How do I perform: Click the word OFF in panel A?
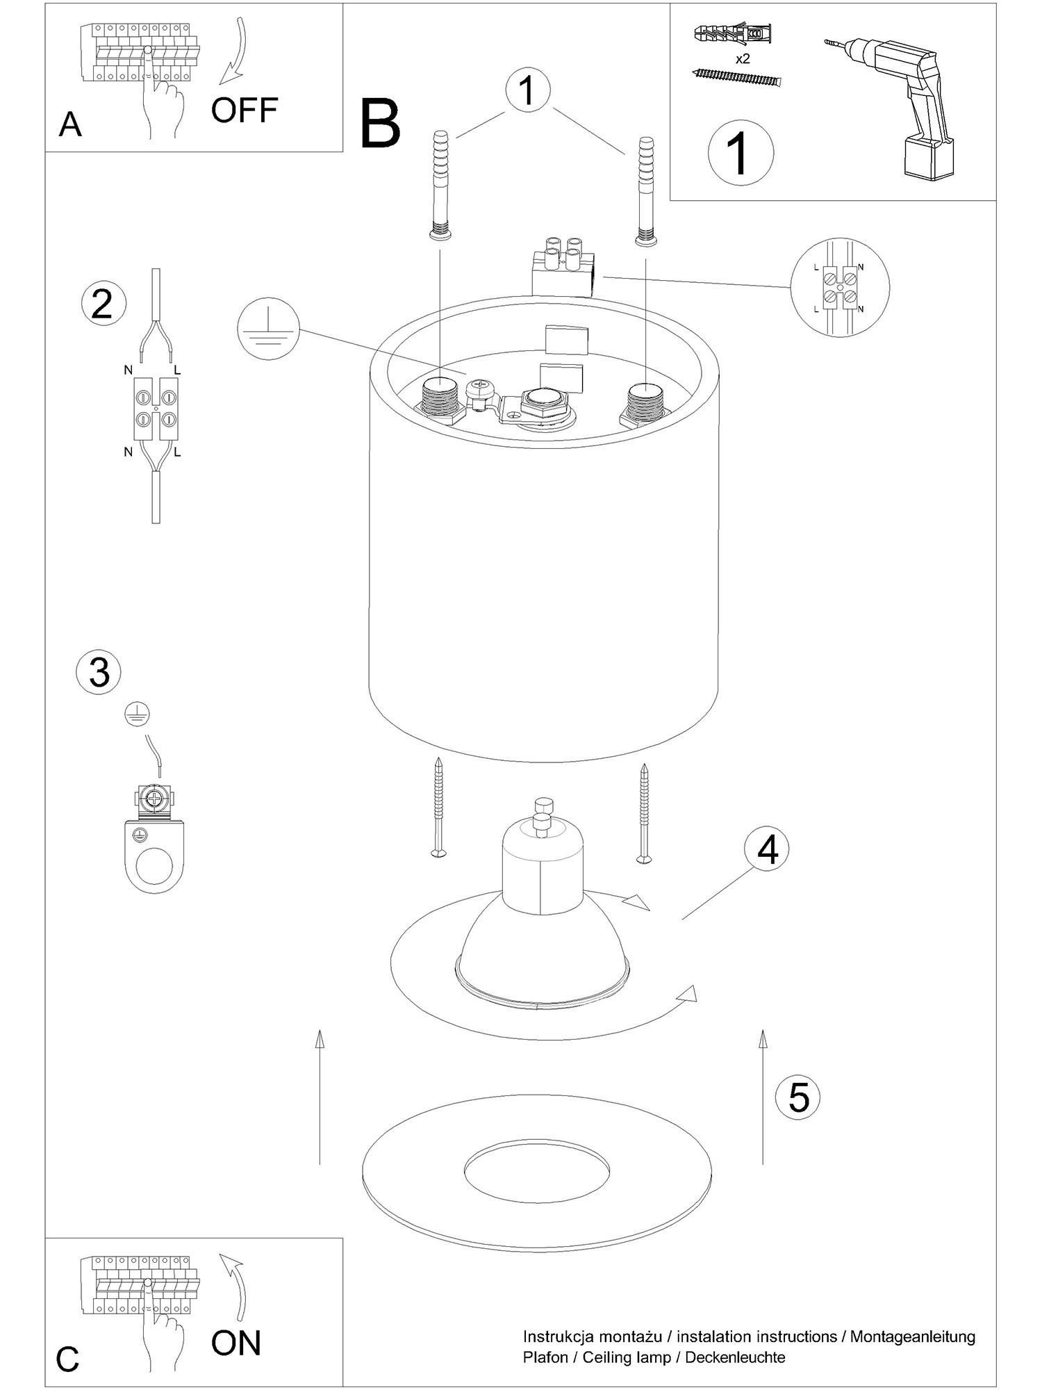coord(244,110)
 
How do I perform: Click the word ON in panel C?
coord(236,1343)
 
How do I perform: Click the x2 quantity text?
coord(743,59)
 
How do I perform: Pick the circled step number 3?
coord(99,672)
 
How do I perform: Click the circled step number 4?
coord(767,849)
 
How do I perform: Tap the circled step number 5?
coord(798,1097)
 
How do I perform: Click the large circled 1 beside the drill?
coord(741,152)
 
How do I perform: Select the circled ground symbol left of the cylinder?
coord(268,329)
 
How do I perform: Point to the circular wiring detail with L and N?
coord(840,287)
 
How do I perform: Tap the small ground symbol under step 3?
coord(138,714)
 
